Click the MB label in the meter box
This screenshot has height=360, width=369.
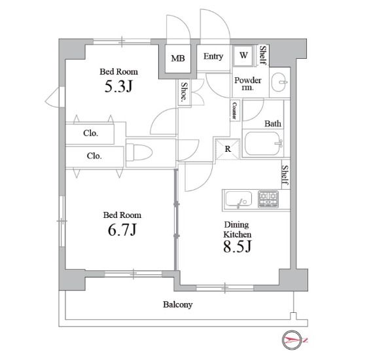[178, 58]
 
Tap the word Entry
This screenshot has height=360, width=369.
[213, 56]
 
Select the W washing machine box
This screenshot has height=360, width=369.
[243, 56]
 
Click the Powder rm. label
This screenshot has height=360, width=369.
[247, 84]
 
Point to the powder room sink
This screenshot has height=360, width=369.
[279, 82]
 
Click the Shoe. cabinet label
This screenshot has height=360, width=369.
[184, 92]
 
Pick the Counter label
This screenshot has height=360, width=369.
[234, 111]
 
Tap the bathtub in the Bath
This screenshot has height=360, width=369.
[262, 143]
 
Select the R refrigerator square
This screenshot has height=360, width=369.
[228, 149]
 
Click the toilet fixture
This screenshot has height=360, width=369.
[139, 153]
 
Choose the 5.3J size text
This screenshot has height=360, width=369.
[118, 86]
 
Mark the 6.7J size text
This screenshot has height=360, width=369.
[122, 230]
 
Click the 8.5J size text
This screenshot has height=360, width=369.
[237, 246]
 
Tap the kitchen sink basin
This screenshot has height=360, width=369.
[238, 200]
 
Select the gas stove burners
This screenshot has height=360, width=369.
[268, 199]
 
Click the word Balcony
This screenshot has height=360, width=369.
[178, 304]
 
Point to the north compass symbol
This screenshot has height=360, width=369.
[292, 340]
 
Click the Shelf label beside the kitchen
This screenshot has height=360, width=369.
[285, 175]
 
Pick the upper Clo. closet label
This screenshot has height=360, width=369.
[90, 134]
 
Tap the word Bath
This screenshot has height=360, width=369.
[273, 124]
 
